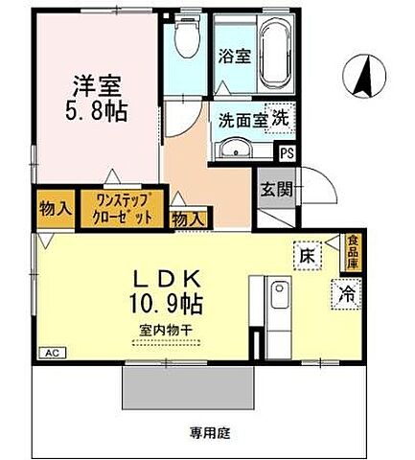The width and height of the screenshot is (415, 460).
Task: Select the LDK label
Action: click(x=171, y=279)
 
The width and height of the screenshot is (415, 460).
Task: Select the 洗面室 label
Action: click(x=242, y=123)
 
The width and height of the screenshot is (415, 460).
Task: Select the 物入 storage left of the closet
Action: click(x=54, y=208)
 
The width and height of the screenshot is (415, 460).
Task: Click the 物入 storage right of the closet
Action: click(x=187, y=219)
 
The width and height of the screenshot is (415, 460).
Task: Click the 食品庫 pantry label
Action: click(x=354, y=251)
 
